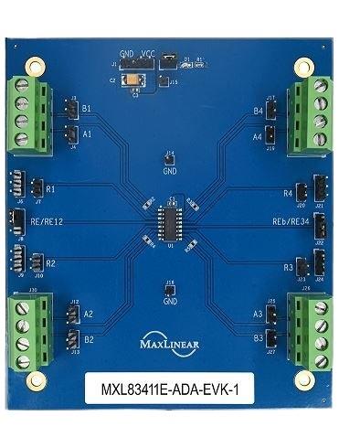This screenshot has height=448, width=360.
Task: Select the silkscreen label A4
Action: [x=258, y=136]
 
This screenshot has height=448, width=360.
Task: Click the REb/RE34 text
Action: [x=292, y=222]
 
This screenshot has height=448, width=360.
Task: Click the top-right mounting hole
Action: [x=303, y=66]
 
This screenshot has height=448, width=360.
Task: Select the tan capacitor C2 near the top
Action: [x=137, y=80]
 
